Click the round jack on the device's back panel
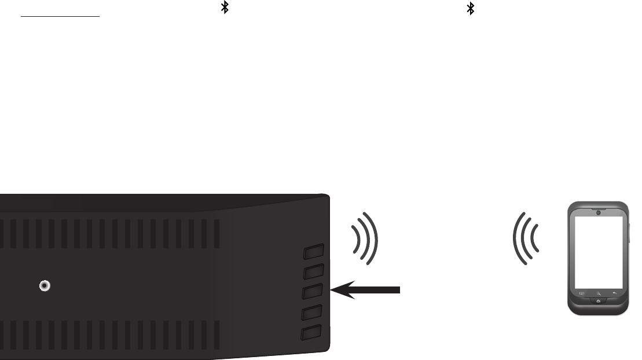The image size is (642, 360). tap(44, 286)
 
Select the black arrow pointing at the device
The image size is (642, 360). tap(365, 289)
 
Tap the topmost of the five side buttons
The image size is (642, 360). tap(313, 252)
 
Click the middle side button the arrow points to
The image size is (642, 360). tap(313, 292)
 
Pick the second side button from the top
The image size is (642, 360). tap(313, 272)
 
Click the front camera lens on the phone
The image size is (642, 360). tap(597, 212)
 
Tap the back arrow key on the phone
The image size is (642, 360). tap(615, 293)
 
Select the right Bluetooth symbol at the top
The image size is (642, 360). tap(471, 8)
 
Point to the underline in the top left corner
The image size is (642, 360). tap(60, 17)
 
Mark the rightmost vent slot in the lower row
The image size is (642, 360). tap(217, 335)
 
